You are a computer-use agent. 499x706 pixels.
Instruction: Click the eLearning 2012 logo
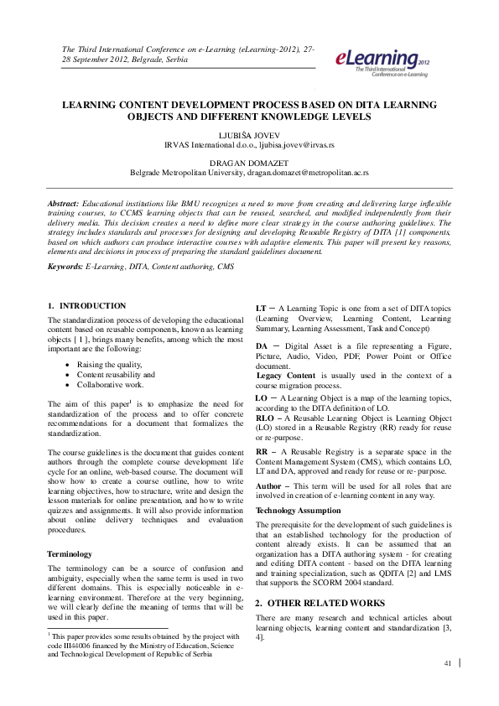(x=382, y=60)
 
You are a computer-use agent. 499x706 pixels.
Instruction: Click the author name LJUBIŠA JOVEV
(x=249, y=134)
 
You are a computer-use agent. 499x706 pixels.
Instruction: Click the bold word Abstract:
(x=63, y=204)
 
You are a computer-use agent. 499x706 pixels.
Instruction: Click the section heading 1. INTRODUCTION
(x=87, y=305)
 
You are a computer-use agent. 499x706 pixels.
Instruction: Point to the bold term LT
(x=261, y=309)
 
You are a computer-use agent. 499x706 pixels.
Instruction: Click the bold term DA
(x=262, y=345)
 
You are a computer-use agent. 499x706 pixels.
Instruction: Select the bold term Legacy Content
(x=286, y=375)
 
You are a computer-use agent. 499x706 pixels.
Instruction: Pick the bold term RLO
(x=266, y=416)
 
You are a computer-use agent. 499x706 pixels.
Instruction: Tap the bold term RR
(x=262, y=449)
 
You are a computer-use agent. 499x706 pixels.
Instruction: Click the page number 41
(x=448, y=663)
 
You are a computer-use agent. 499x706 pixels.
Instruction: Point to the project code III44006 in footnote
(x=77, y=646)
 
